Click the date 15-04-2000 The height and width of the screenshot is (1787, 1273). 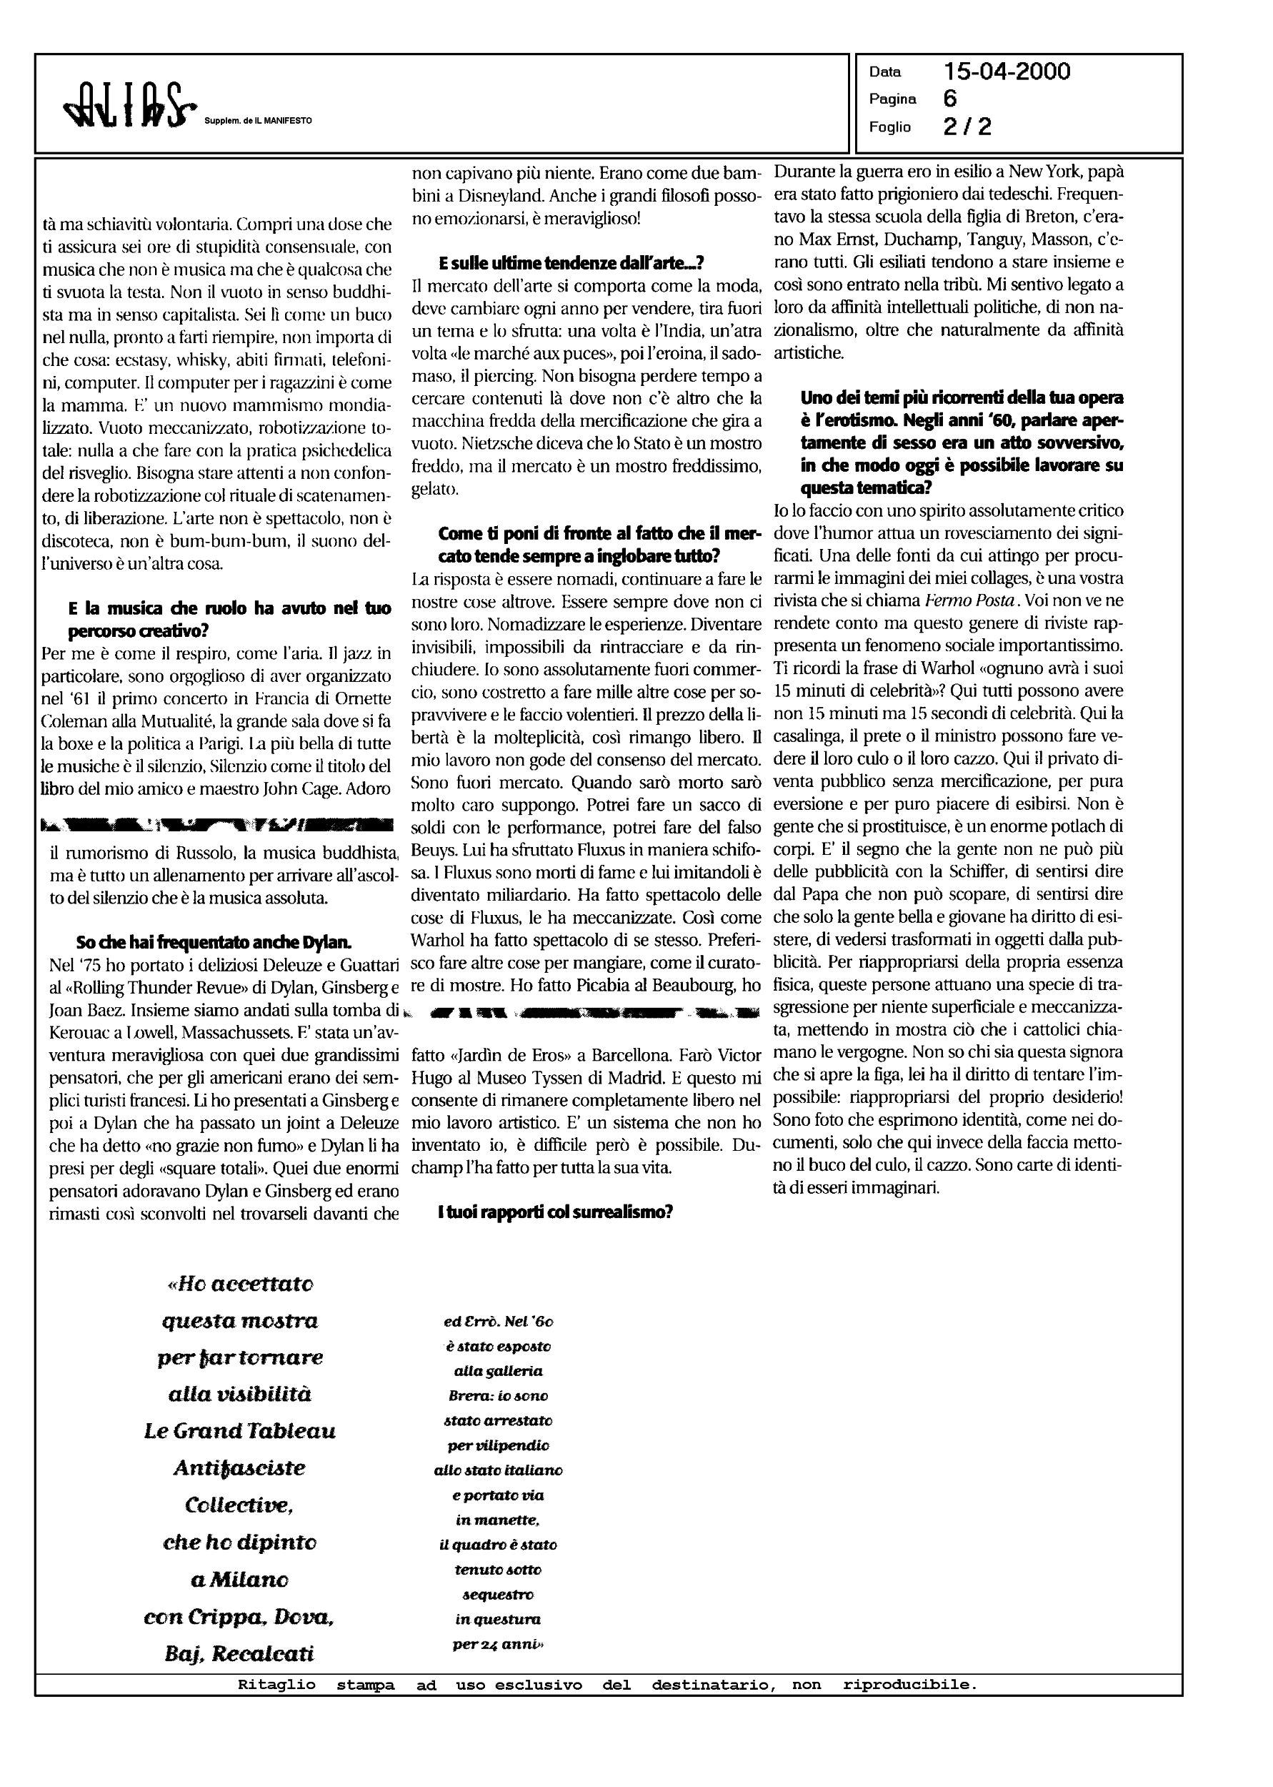(1007, 72)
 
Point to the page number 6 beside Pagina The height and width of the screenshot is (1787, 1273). (950, 99)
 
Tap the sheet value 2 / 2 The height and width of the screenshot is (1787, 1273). (967, 127)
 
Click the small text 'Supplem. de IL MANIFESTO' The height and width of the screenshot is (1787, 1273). (258, 121)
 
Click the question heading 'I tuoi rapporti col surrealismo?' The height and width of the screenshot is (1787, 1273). (555, 1212)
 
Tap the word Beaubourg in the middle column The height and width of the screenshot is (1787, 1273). (687, 985)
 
